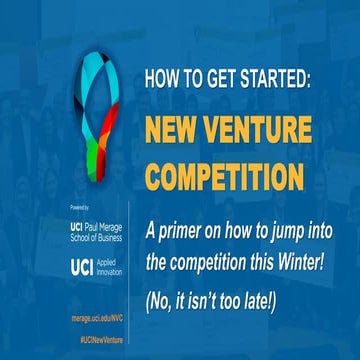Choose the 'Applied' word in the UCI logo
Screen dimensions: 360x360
click(116, 261)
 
